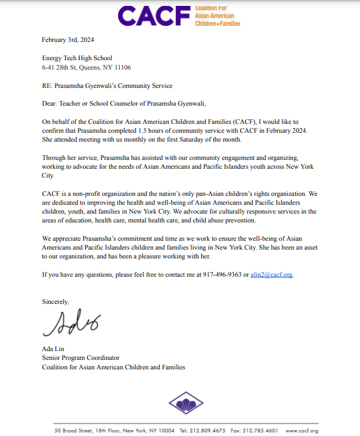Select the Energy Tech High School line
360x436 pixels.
pyautogui.click(x=77, y=58)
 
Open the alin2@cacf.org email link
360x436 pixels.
pyautogui.click(x=271, y=274)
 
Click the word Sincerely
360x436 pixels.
pyautogui.click(x=55, y=301)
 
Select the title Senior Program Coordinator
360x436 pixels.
pyautogui.click(x=80, y=358)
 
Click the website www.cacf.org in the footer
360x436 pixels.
pyautogui.click(x=302, y=430)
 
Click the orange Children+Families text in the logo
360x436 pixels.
pyautogui.click(x=217, y=23)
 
